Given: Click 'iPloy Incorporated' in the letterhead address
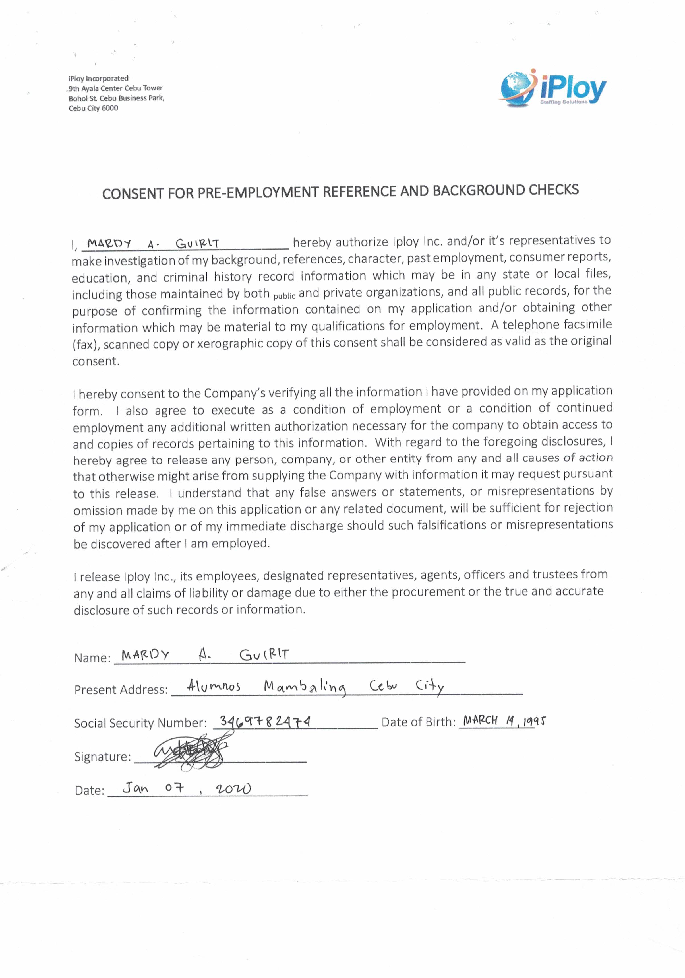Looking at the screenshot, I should (x=98, y=78).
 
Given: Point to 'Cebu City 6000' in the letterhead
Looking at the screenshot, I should (x=94, y=108).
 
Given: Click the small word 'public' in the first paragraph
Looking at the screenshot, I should (x=284, y=296).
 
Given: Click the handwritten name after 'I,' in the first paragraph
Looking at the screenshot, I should (x=153, y=244).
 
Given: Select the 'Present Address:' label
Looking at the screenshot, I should (x=121, y=690).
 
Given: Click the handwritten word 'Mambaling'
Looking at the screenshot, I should (x=305, y=687).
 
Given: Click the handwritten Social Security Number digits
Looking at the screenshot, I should (x=265, y=722).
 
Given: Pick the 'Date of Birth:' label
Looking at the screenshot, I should (x=418, y=722).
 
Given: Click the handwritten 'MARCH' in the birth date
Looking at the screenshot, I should (x=480, y=720).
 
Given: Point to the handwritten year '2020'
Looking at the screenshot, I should (x=233, y=789).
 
